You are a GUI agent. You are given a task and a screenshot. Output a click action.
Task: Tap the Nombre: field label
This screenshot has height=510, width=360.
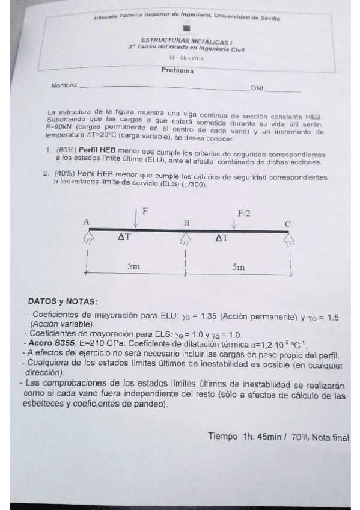(x=64, y=85)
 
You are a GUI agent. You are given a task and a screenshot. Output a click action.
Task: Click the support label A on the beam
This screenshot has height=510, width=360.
(x=86, y=222)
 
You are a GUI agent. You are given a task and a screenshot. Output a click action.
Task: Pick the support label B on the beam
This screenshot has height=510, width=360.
(x=186, y=223)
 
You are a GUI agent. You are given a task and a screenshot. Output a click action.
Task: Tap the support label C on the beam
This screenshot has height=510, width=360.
(x=288, y=224)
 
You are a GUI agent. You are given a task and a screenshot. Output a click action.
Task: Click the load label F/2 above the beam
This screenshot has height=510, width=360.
(x=244, y=213)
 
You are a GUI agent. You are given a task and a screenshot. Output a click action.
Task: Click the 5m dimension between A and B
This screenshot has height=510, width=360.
(x=135, y=265)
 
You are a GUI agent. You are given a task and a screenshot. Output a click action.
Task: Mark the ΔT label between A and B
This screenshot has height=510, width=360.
(x=124, y=238)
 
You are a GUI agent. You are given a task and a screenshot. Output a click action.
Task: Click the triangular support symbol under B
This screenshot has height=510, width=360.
(x=185, y=239)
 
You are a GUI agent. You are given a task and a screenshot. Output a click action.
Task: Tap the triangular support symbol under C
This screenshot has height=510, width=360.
(x=290, y=240)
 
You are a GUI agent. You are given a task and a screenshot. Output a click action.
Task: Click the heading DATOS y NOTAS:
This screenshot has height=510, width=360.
(x=63, y=301)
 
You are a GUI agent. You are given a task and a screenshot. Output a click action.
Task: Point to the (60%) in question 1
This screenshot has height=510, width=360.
(x=66, y=153)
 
